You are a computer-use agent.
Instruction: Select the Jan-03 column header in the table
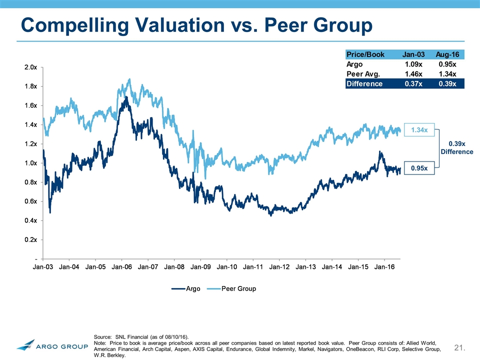pyautogui.click(x=412, y=54)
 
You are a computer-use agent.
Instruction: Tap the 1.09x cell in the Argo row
pyautogui.click(x=412, y=64)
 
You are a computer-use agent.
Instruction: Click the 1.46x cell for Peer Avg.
pyautogui.click(x=412, y=73)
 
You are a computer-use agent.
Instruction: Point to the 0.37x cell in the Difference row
pyautogui.click(x=412, y=83)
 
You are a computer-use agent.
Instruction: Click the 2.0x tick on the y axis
pyautogui.click(x=29, y=67)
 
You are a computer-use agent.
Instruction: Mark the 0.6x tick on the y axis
pyautogui.click(x=29, y=201)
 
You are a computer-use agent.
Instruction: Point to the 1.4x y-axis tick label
pyautogui.click(x=29, y=124)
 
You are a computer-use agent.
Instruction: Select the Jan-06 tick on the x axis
pyautogui.click(x=121, y=267)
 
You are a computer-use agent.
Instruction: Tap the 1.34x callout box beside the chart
pyautogui.click(x=419, y=130)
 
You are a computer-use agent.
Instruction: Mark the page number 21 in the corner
pyautogui.click(x=460, y=347)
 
